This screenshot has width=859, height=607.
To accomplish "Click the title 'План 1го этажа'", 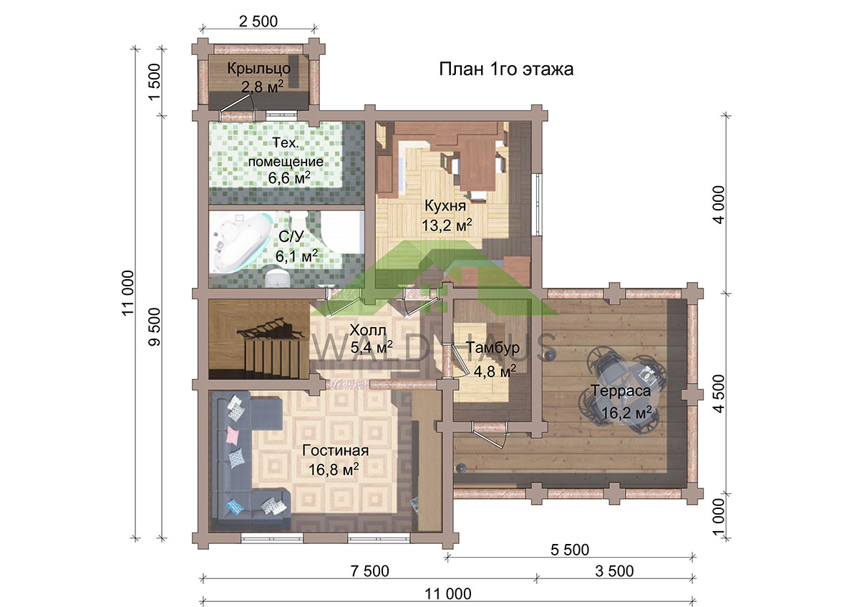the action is coord(506,69).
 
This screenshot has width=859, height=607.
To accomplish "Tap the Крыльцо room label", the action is coord(259,68).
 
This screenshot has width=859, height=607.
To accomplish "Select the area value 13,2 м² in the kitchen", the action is coord(447,225).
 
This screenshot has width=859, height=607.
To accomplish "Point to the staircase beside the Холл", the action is coord(259,340).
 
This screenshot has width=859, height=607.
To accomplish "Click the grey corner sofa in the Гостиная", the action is coord(246,460).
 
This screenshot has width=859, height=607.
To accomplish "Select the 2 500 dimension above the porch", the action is coord(258,21).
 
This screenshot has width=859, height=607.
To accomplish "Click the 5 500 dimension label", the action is coord(570,550).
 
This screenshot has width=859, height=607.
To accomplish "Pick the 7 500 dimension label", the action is coord(369,571).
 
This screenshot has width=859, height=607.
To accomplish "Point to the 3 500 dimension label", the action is coord(614,571).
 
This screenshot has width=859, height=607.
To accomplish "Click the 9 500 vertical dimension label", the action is coord(154,326).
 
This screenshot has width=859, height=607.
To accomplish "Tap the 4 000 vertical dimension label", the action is coord(720,205).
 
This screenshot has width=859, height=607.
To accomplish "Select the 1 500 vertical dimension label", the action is coord(154,82).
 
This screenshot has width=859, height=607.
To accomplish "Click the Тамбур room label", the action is coord(493,347).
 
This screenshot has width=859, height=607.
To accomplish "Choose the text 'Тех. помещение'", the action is coord(286,152).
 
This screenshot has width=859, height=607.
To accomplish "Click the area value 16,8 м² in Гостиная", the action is coord(334,470).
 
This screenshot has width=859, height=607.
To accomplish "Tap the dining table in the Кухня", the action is coord(477,164).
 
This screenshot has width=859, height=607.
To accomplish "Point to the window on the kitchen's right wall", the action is coord(538,205).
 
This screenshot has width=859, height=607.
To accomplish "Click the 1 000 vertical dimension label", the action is coord(720,517).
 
